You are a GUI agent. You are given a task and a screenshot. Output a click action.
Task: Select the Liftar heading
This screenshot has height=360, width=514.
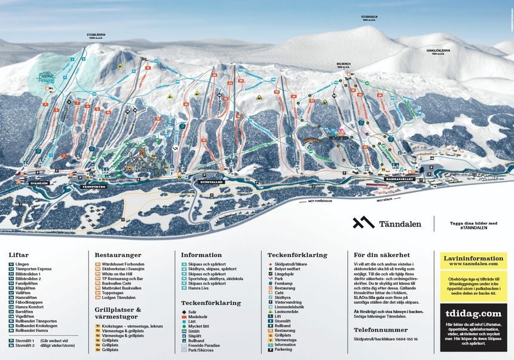click(18, 255)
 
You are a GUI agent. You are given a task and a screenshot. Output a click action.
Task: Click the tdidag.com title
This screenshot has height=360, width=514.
click(472, 313)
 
